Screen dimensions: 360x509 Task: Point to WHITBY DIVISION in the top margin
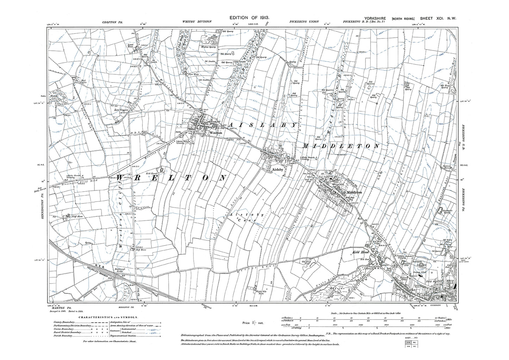click(197, 21)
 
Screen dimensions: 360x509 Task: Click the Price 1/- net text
click(251, 322)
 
